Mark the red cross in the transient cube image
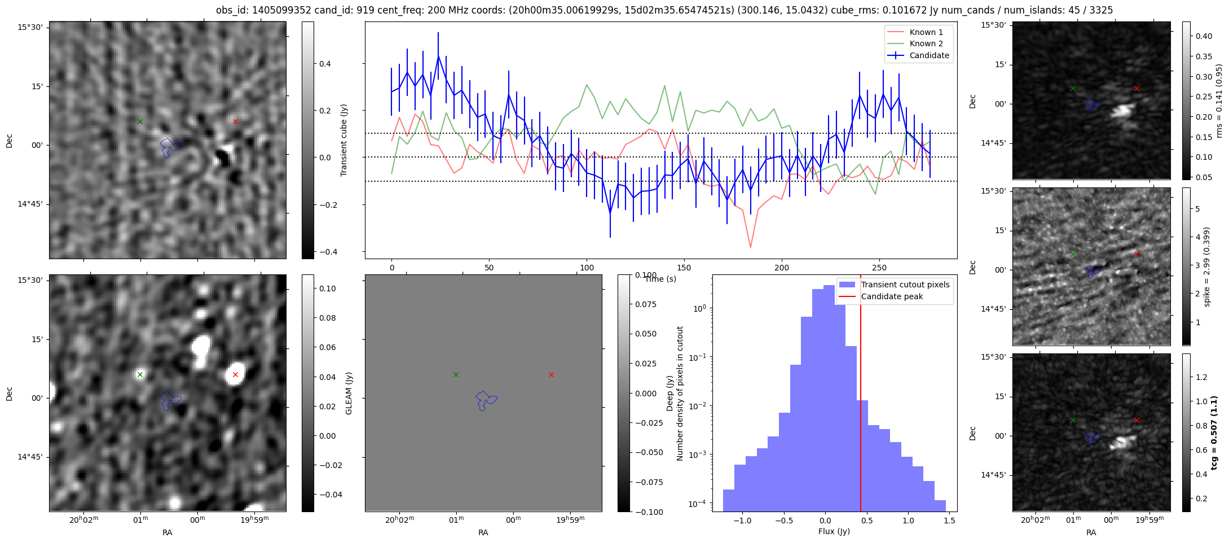[235, 121]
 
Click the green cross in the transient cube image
[140, 121]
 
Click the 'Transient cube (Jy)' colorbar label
[343, 140]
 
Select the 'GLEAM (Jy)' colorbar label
[349, 393]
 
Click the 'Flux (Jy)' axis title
[834, 531]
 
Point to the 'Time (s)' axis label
[660, 279]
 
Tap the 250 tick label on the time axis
[879, 268]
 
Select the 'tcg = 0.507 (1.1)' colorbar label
[1214, 432]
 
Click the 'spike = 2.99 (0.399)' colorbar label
[1206, 266]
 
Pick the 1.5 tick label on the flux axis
[949, 521]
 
